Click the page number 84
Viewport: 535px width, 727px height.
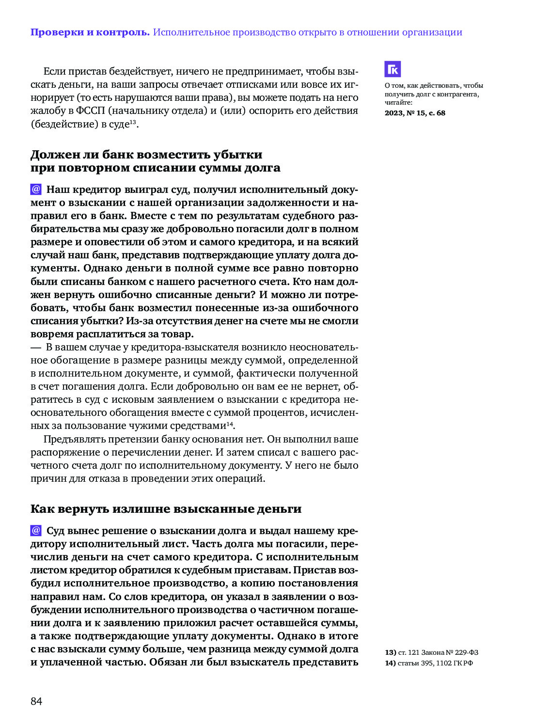(36, 701)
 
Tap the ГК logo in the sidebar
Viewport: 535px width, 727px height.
(393, 69)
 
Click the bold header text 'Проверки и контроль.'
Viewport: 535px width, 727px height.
(90, 32)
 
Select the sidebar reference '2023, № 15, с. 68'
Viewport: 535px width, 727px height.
(415, 113)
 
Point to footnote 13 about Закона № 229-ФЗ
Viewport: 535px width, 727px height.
(432, 652)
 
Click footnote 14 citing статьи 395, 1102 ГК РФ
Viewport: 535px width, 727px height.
(429, 663)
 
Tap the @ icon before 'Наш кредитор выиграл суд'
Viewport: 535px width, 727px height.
(36, 189)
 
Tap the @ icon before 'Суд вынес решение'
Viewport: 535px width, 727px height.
(36, 530)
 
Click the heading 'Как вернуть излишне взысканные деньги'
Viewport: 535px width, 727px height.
(166, 509)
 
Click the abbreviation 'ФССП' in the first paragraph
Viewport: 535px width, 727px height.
(90, 111)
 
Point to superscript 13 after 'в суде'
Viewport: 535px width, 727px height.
(133, 122)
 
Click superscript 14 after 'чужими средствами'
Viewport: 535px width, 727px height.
(230, 424)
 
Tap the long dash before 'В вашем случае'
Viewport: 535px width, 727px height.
(36, 348)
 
